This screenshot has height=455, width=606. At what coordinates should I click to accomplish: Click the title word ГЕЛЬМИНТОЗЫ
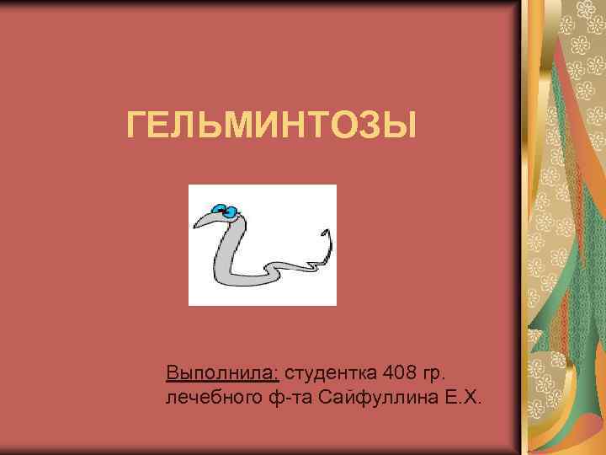(271, 127)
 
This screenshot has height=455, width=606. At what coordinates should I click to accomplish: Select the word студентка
(333, 372)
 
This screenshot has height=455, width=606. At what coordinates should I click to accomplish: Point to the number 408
(399, 372)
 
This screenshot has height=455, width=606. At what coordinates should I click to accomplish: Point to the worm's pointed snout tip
(194, 228)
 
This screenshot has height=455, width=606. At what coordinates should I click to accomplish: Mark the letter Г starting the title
(136, 127)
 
